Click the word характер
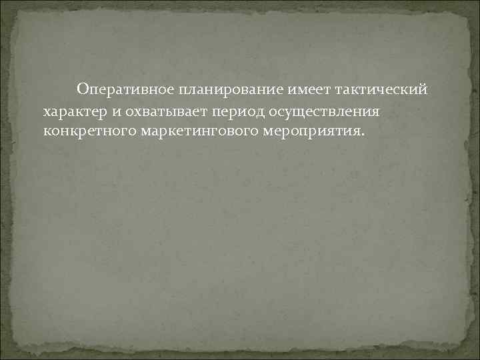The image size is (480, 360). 73,109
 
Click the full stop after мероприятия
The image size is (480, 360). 363,133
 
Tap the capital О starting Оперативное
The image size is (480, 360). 83,89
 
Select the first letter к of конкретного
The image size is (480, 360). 45,129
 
